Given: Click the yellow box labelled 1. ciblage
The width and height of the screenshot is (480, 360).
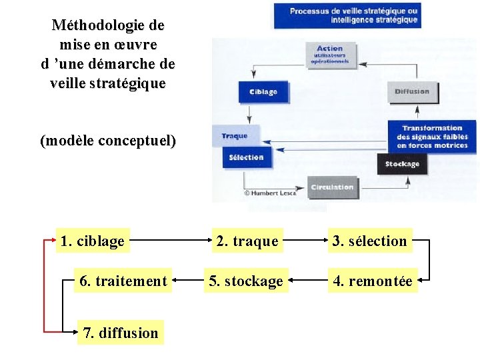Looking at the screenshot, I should click(93, 241).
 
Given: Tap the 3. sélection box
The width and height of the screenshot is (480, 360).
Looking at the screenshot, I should click(370, 241).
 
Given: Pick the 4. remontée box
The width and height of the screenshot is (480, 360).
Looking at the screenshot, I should click(373, 281).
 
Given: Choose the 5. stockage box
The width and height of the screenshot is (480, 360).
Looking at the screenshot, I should click(246, 281).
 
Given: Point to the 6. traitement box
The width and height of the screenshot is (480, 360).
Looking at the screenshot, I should click(123, 281).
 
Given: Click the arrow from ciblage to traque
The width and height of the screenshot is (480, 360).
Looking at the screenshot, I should click(169, 241).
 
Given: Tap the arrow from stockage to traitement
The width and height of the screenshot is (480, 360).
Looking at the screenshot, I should click(187, 281).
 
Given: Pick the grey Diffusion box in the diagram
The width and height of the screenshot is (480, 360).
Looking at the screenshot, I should click(413, 91).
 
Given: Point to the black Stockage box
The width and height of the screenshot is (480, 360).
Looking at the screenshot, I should click(402, 164).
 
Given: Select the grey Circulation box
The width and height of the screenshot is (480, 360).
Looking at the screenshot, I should click(331, 187).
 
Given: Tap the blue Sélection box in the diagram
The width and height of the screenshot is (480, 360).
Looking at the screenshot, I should click(246, 157).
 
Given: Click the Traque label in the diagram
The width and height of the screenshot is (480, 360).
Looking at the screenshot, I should click(234, 136).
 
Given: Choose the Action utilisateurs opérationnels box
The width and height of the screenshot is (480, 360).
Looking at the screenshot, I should click(330, 55).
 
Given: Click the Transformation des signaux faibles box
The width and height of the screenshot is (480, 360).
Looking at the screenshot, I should click(432, 137).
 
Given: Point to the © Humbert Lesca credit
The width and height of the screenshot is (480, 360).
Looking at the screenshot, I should click(271, 193).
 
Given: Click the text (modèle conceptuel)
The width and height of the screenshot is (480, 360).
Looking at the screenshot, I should click(108, 141).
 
